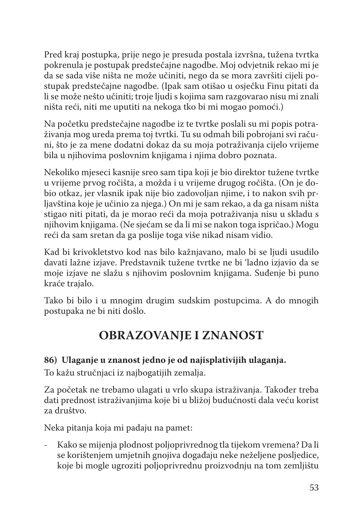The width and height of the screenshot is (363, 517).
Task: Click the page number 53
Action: pos(314,488)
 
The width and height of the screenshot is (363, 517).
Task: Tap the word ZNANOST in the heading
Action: pos(233,335)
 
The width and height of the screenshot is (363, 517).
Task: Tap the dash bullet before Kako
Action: pos(46,445)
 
